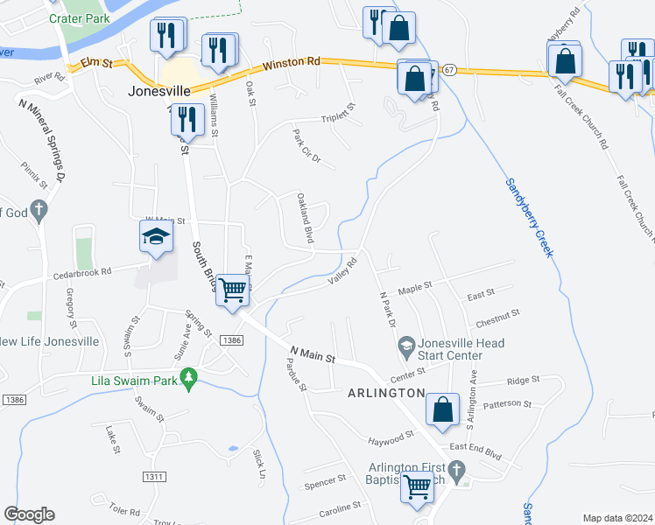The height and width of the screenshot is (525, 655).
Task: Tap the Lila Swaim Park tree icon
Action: (x=187, y=378)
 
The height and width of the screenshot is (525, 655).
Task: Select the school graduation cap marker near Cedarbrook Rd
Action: (x=156, y=237)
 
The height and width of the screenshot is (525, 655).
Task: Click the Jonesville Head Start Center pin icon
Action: (x=406, y=346)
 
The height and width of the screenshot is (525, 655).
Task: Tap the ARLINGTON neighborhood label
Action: (x=390, y=394)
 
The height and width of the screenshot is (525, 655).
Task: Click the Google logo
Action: (x=29, y=514)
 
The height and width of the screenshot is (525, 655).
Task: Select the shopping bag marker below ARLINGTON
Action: (x=443, y=409)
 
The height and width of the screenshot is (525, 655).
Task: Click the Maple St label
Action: (x=415, y=287)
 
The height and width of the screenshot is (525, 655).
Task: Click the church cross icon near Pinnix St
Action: (x=38, y=210)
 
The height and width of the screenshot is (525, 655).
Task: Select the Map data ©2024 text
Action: (x=616, y=518)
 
